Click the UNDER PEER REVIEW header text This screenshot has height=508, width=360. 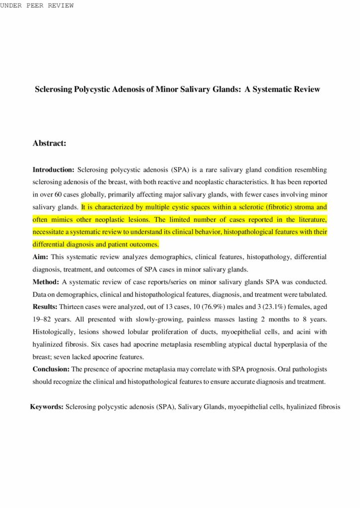[x=37, y=5]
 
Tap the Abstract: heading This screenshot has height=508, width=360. [x=50, y=143]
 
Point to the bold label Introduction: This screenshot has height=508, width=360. [x=54, y=169]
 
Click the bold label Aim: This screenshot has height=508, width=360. [x=40, y=256]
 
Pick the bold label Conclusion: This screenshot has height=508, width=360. [x=52, y=369]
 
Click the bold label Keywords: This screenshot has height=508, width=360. [x=47, y=407]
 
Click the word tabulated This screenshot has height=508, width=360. [x=312, y=294]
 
